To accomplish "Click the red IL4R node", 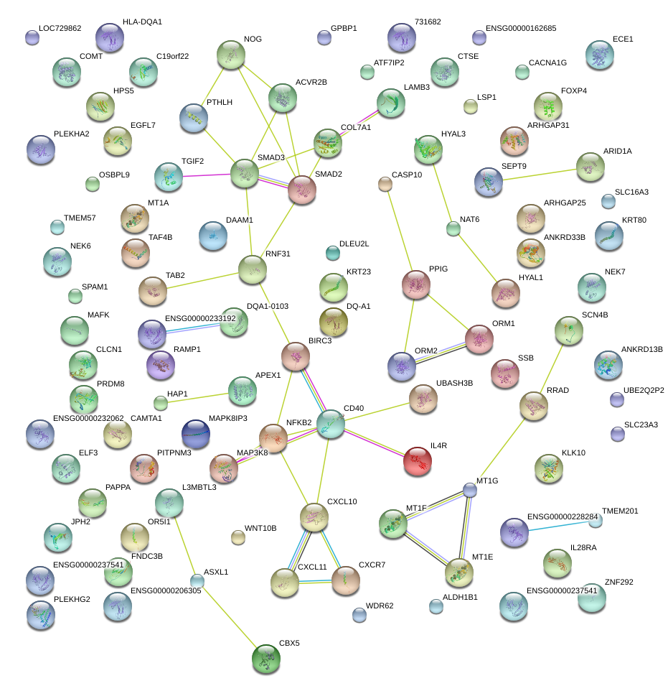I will [418, 460].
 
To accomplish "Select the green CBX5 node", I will [267, 659].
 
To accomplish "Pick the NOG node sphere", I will [230, 55].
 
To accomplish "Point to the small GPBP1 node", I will [324, 37].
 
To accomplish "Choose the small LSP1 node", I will [470, 107].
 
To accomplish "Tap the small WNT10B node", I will [238, 537].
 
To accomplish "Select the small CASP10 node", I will [385, 184].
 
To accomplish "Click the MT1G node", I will [469, 490].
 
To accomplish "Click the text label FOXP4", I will [574, 91].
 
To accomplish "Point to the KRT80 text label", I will [634, 220].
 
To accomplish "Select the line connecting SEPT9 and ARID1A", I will [539, 175].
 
